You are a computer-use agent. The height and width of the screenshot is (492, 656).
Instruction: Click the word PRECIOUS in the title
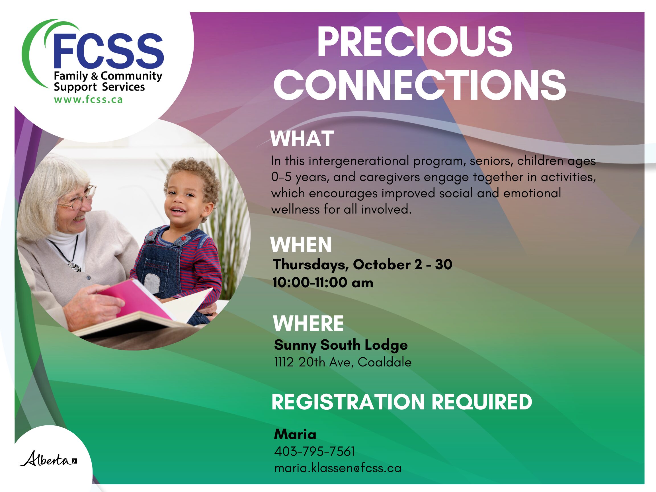[x=415, y=42]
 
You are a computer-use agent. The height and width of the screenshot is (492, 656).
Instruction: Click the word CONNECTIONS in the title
[x=419, y=84]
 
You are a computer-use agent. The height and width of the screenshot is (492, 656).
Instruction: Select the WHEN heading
[x=301, y=245]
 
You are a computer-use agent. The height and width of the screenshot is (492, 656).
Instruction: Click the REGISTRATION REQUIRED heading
[x=402, y=402]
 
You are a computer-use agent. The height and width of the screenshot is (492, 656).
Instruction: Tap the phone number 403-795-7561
[x=314, y=451]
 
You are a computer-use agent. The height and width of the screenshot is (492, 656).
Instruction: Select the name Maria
[x=295, y=434]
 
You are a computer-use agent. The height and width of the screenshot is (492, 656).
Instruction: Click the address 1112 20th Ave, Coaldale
[x=343, y=362]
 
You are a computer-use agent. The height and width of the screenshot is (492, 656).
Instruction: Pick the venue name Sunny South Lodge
[x=341, y=345]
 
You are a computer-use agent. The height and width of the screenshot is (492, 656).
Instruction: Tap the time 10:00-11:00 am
[x=323, y=282]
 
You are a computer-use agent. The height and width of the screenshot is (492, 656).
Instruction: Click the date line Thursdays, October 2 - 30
[x=362, y=265]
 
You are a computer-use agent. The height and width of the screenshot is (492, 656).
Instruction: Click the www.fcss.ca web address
[x=88, y=100]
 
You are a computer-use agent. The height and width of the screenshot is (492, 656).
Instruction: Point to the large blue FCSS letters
[x=108, y=51]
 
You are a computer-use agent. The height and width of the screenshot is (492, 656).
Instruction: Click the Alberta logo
[x=49, y=459]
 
